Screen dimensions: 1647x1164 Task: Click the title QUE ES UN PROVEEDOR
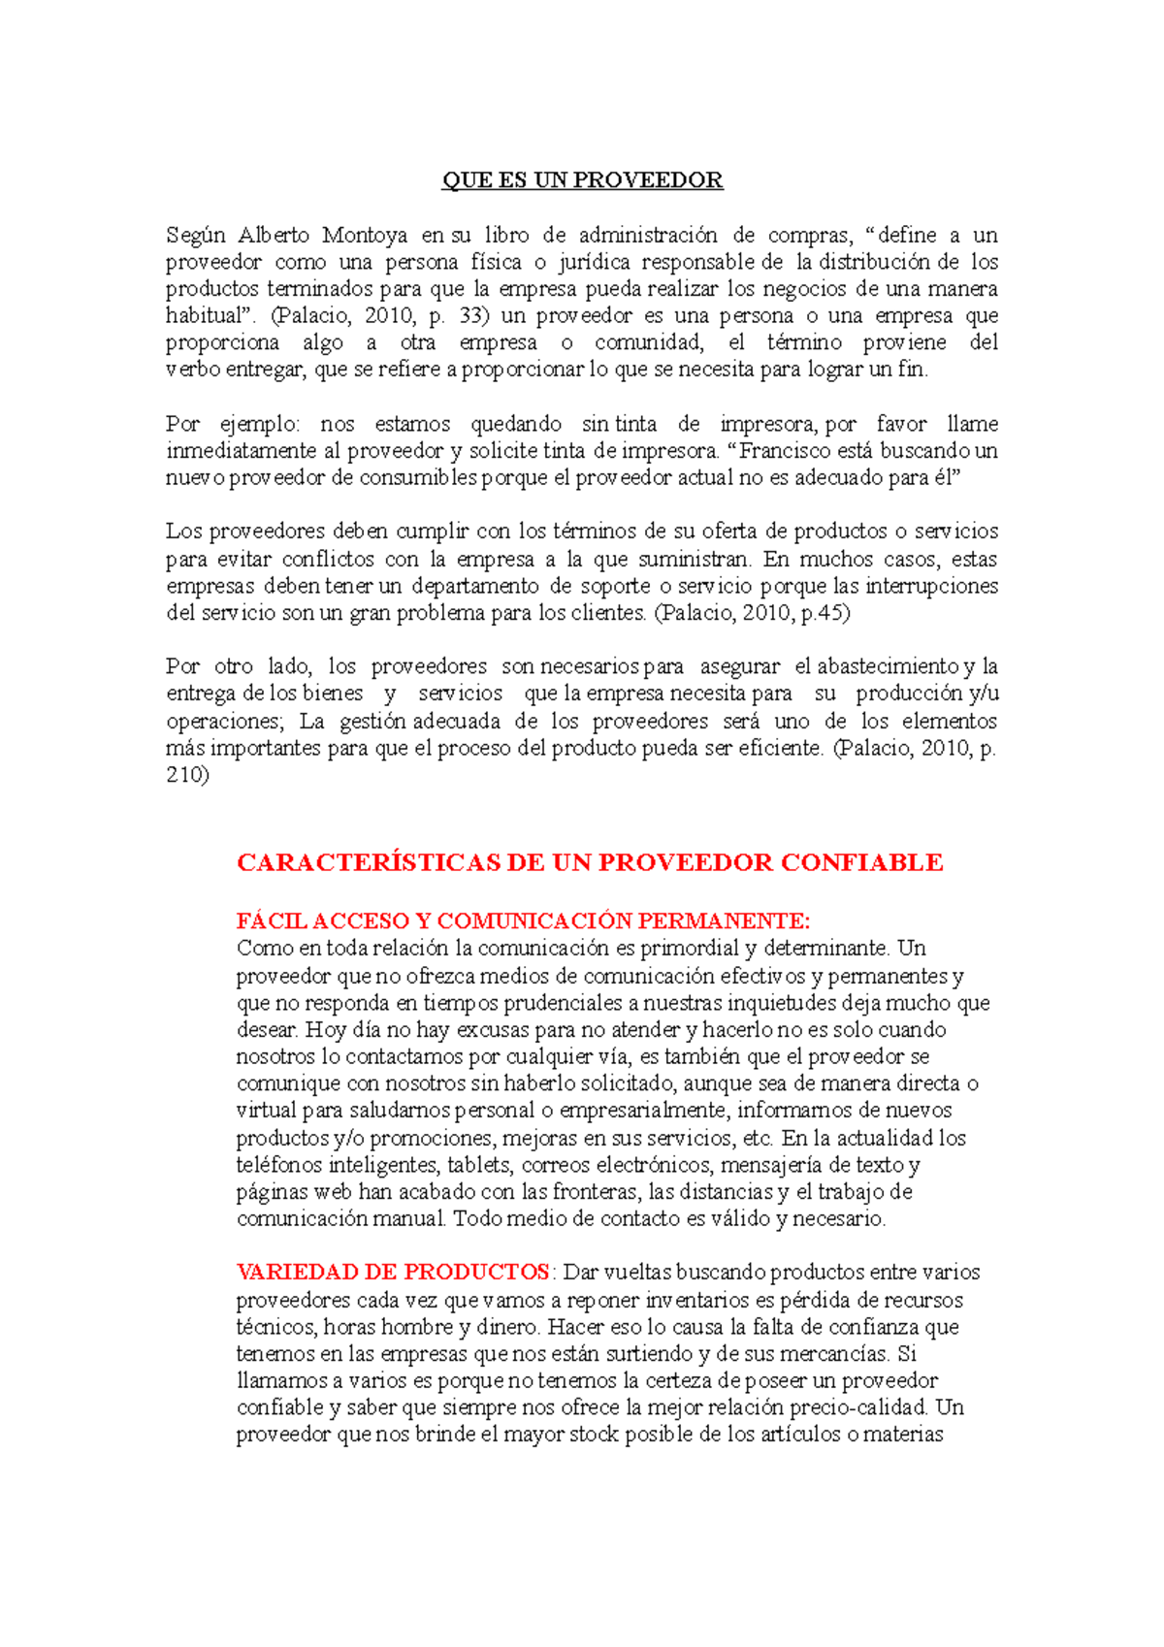point(582,180)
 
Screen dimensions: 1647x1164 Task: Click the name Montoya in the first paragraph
point(365,235)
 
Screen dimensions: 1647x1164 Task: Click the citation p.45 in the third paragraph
point(822,613)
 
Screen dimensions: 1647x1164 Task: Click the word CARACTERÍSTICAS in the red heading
point(369,862)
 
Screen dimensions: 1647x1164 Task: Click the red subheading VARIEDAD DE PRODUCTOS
point(393,1272)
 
